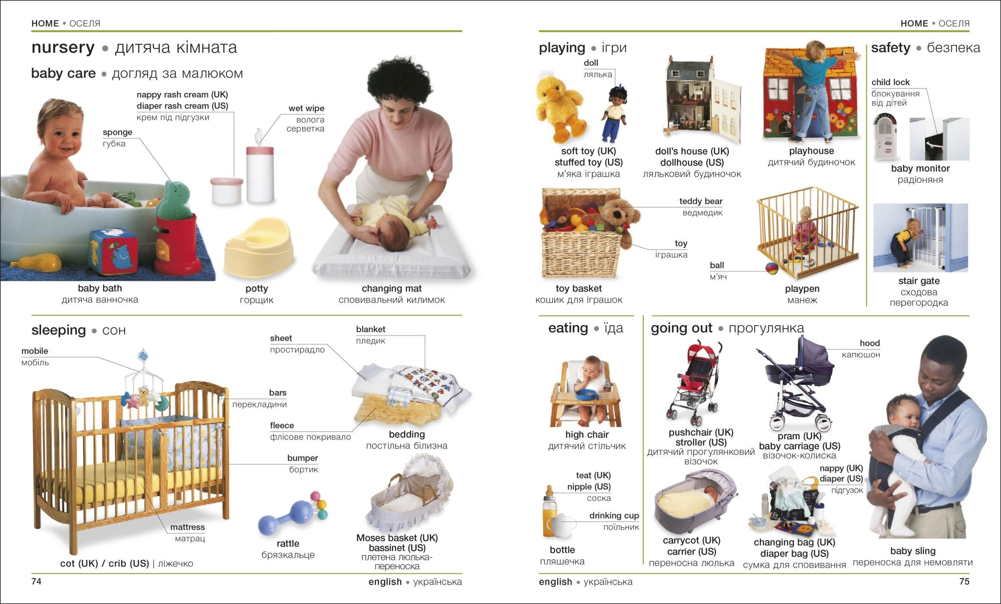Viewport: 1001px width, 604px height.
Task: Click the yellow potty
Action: [258, 247]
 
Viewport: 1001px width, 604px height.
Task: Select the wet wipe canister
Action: [260, 173]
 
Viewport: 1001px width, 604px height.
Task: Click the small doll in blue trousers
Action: [614, 114]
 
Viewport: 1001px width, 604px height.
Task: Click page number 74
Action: [36, 582]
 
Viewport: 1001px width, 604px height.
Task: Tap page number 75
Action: [964, 582]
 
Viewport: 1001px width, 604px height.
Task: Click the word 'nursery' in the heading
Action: [63, 47]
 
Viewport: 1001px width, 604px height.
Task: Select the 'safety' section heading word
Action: [890, 48]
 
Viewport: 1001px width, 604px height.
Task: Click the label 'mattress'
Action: [187, 527]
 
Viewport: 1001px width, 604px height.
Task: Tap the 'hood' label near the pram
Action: [870, 343]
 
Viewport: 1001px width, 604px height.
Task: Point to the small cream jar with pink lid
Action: [226, 190]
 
